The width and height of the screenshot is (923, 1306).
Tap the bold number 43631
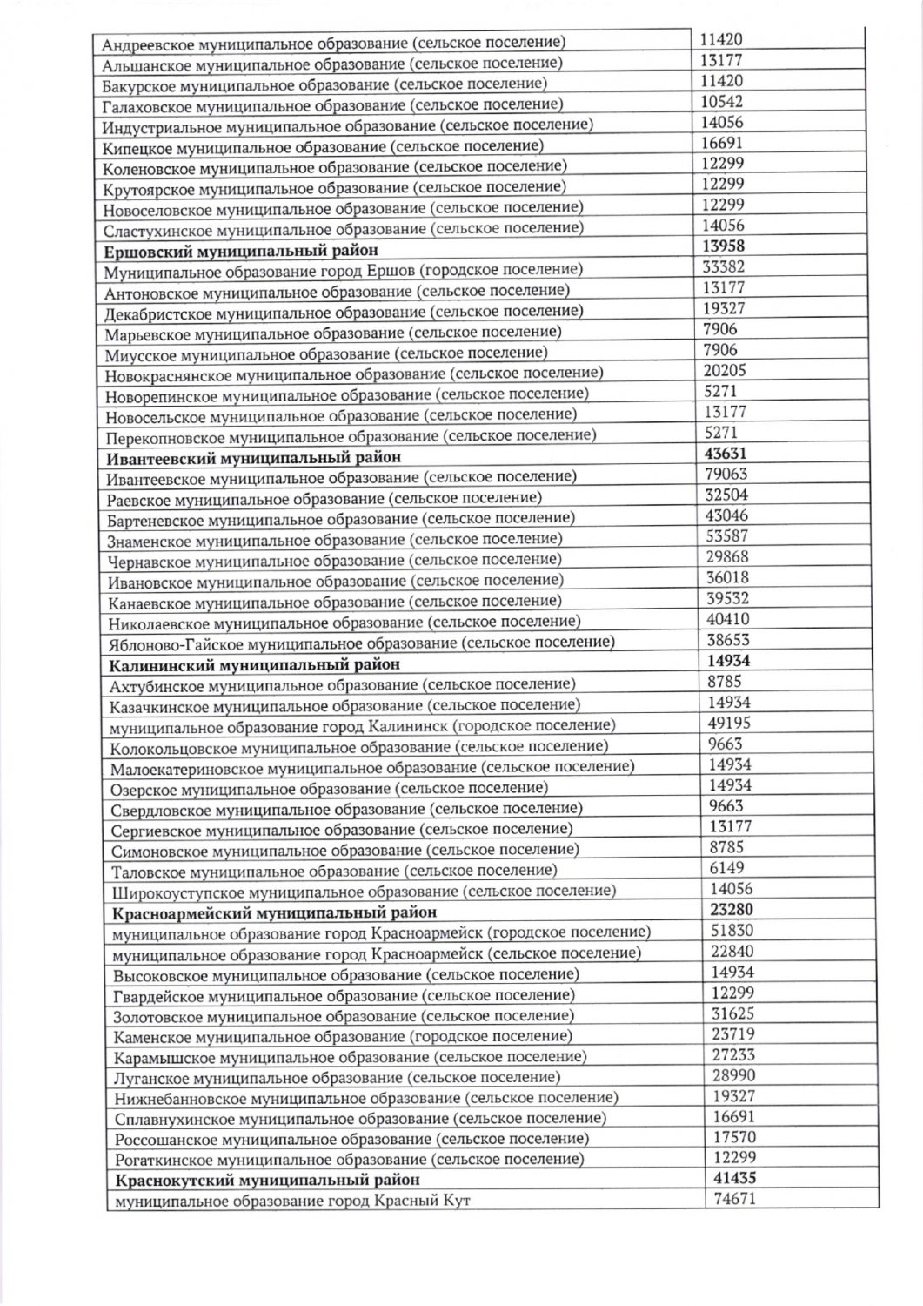(726, 454)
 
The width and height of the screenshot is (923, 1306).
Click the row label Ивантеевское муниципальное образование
(341, 477)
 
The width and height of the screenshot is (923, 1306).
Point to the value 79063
(726, 475)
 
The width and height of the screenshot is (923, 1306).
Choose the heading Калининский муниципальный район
(254, 664)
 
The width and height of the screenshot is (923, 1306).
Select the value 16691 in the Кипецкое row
(722, 143)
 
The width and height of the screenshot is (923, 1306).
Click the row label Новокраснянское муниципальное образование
(354, 374)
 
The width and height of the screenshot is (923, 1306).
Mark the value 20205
(725, 371)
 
